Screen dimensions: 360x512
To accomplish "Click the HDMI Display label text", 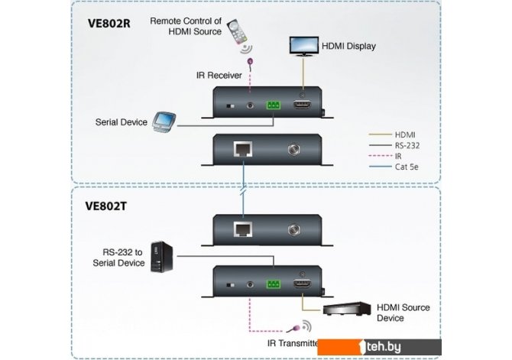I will click(x=348, y=46).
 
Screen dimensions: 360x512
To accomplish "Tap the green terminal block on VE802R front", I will click(x=273, y=107).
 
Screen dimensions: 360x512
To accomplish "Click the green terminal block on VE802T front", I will click(x=273, y=284).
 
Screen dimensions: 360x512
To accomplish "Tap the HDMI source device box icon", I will click(x=346, y=309).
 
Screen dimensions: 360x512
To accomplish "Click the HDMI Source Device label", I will click(x=402, y=312).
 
